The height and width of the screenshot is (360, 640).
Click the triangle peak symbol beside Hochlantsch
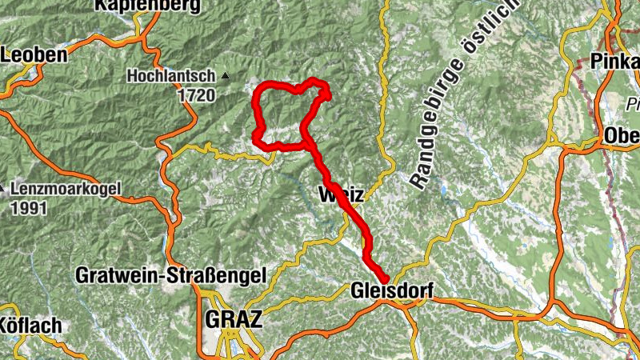coord(226,77)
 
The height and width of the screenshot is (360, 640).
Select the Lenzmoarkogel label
coord(66,190)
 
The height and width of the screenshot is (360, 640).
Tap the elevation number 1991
coord(30,208)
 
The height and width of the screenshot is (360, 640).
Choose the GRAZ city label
coord(234,319)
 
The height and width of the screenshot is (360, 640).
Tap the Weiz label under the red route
coord(342,194)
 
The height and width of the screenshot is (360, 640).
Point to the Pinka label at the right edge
coord(615,61)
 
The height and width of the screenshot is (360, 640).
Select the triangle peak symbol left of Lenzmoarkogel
coord(2,190)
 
